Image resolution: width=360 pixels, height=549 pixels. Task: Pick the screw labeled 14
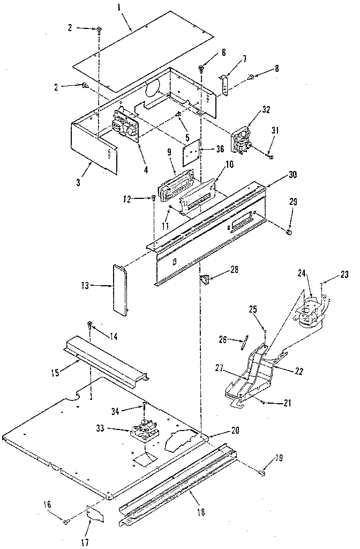pyautogui.click(x=91, y=324)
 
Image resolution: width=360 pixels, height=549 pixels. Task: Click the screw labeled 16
pyautogui.click(x=66, y=520)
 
